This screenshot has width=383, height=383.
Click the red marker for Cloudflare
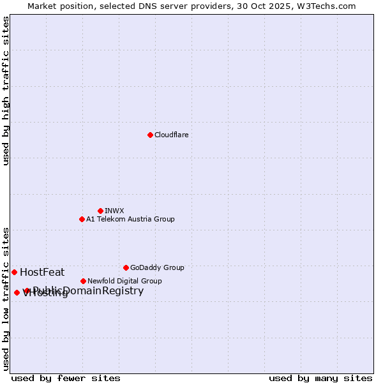tap(150, 135)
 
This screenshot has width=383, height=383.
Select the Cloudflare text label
tap(171, 135)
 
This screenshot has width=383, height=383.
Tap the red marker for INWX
tap(100, 211)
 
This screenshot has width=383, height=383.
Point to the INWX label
tap(114, 211)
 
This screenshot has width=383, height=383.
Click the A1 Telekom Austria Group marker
tap(82, 219)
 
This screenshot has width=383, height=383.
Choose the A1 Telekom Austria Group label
tap(130, 219)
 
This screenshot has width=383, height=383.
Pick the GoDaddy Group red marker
tap(126, 267)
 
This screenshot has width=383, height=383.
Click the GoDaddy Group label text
tap(157, 267)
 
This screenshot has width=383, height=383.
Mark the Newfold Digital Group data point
tap(83, 281)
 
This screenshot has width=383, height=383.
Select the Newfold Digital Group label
tap(124, 281)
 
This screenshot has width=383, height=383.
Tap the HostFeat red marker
tap(14, 272)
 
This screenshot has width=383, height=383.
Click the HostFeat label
tap(42, 272)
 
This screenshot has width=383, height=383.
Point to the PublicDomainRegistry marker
tap(26, 291)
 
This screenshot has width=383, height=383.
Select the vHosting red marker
tap(17, 292)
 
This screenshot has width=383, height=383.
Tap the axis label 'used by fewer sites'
tap(66, 378)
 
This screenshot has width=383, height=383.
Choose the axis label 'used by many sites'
tap(320, 378)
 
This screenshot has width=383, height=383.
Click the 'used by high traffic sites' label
tap(6, 91)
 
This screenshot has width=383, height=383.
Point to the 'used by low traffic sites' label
tap(6, 298)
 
